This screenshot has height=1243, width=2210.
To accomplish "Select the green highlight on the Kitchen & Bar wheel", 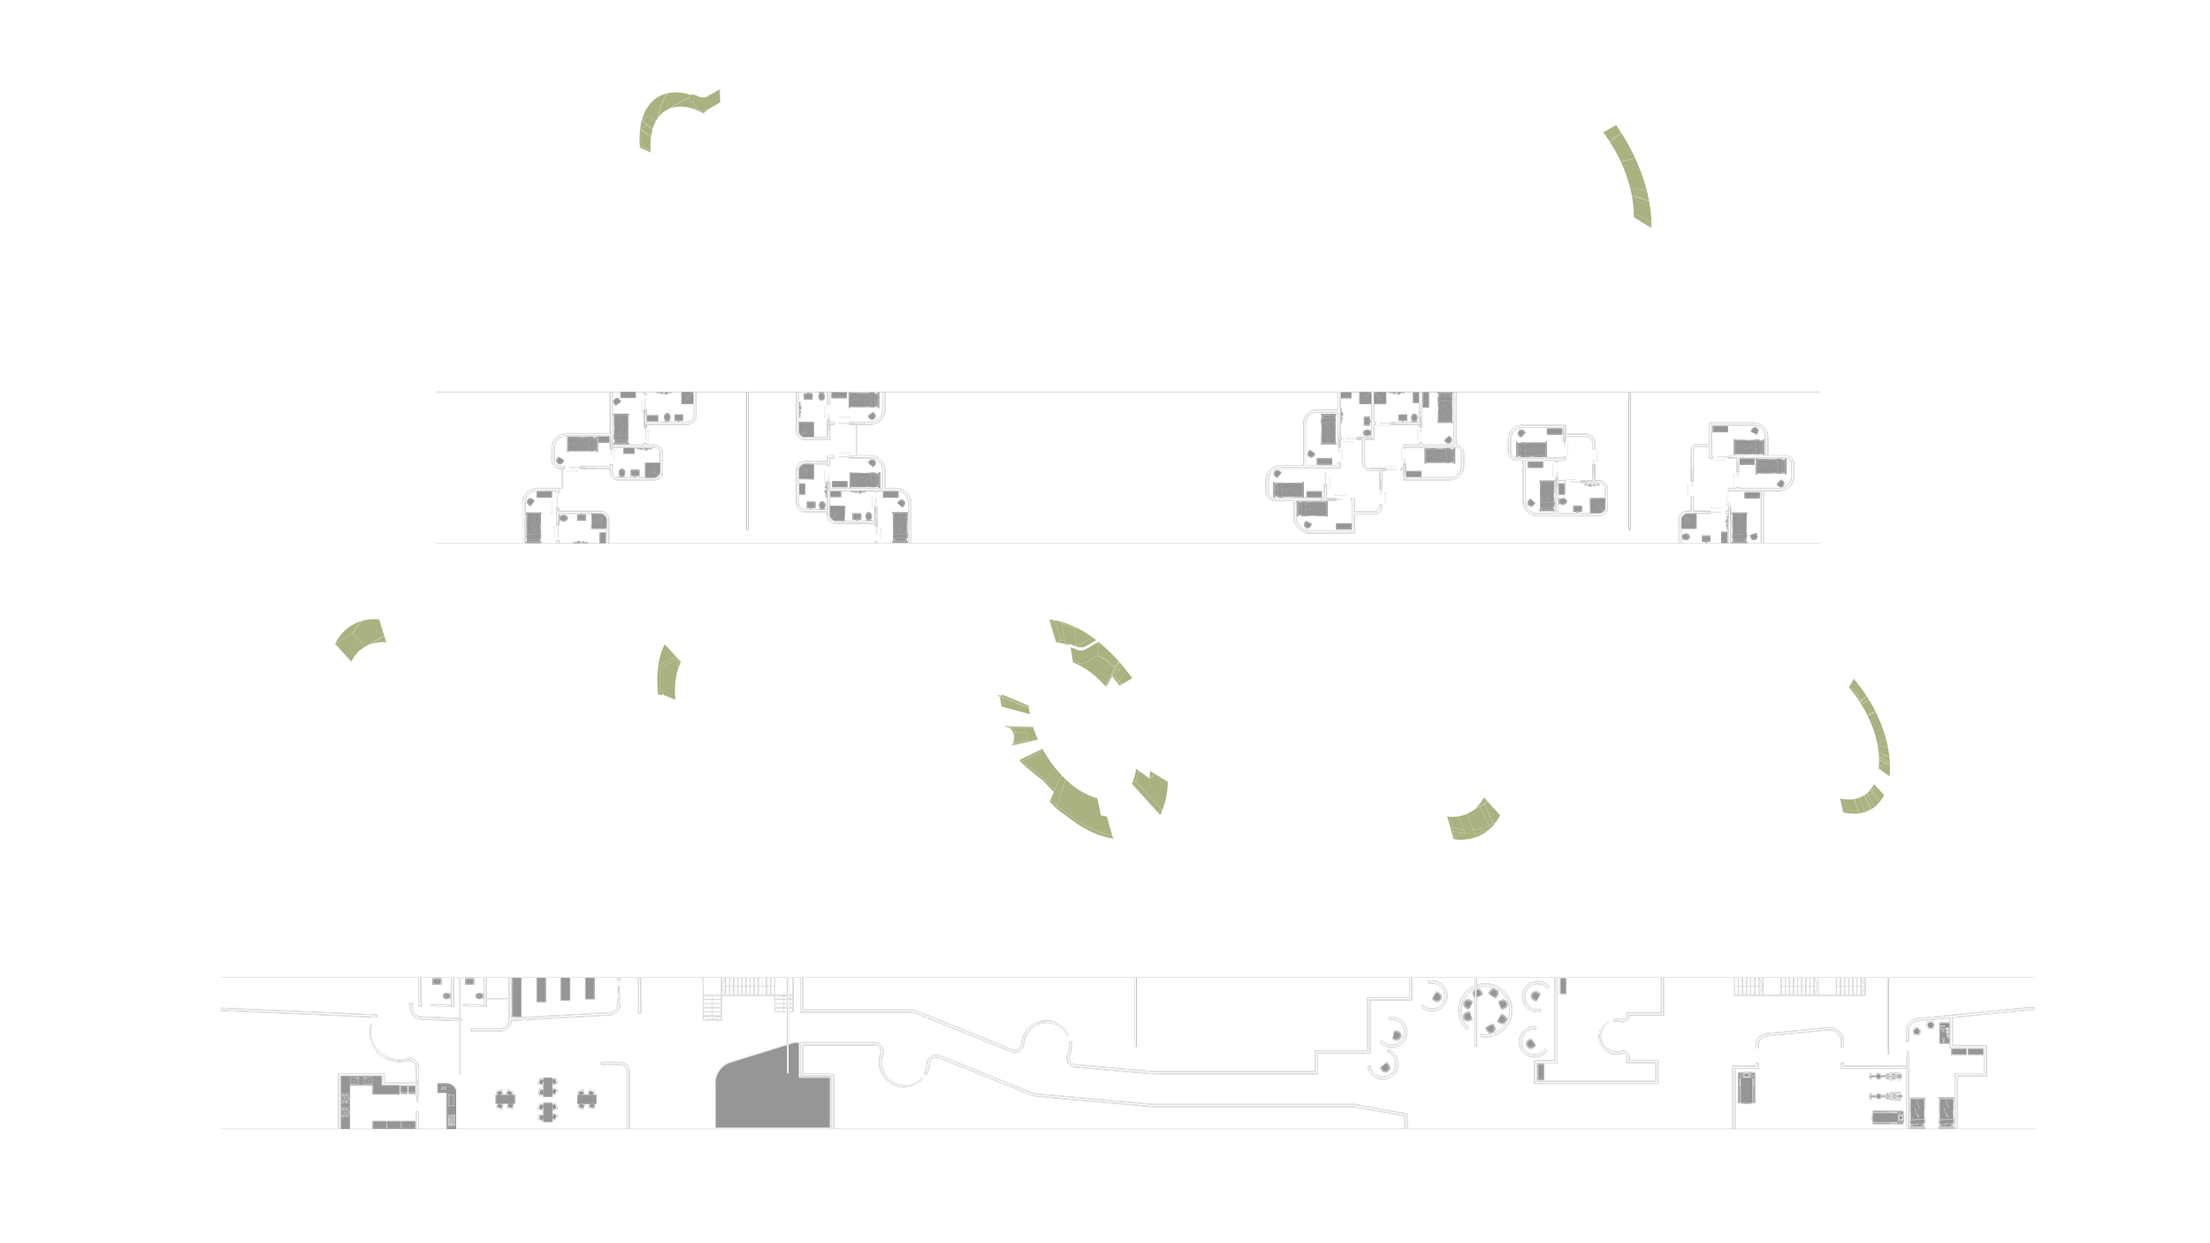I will coord(358,636).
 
